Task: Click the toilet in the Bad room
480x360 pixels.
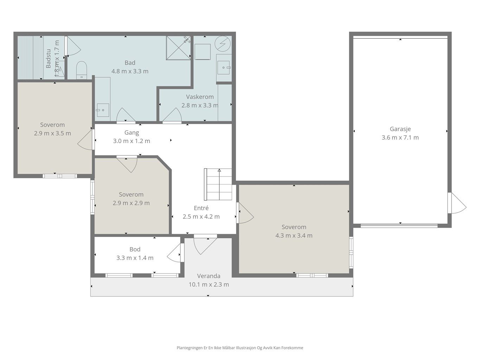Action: (x=82, y=70)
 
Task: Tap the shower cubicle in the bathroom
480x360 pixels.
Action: (x=178, y=48)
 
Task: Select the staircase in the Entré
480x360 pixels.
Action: (x=218, y=184)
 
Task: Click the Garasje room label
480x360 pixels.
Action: (x=400, y=129)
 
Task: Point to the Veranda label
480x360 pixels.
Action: (x=209, y=276)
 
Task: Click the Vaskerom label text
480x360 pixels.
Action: (x=200, y=97)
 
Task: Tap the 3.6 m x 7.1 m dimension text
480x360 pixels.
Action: (x=400, y=137)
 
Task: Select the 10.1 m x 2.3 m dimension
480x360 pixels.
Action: (x=209, y=285)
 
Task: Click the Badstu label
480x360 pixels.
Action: (x=49, y=59)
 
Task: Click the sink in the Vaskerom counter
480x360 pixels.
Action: (x=224, y=67)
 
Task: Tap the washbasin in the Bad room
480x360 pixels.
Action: (x=103, y=110)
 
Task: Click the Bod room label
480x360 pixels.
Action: (x=135, y=249)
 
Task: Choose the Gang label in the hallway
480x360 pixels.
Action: (x=132, y=133)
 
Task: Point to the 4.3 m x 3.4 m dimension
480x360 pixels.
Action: (x=294, y=236)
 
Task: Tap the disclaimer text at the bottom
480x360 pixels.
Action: (x=240, y=348)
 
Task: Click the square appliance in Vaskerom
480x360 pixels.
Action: (x=203, y=52)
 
